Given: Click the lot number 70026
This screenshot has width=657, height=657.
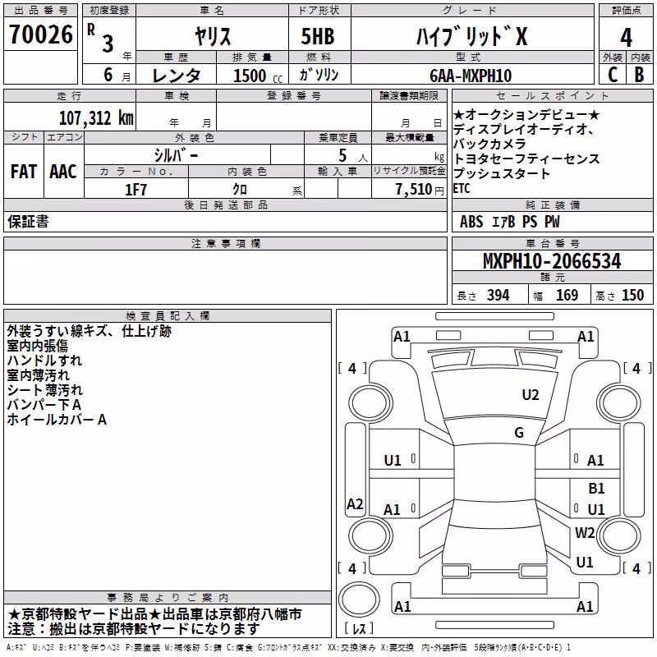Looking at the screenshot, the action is click(x=41, y=34).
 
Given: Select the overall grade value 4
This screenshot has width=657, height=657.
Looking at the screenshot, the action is click(x=626, y=38).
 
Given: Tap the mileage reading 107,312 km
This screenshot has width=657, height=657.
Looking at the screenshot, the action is click(x=96, y=118).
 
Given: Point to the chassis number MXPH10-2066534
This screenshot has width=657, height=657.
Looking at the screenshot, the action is click(x=552, y=261).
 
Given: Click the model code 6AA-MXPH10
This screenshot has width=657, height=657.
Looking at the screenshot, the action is click(x=471, y=76).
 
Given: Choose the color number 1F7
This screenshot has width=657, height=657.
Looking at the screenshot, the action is click(x=136, y=190).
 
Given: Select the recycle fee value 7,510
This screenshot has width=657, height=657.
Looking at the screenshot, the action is click(x=414, y=190).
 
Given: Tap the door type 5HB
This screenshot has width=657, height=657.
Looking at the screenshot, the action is click(x=318, y=36).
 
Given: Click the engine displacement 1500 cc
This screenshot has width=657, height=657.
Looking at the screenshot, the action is click(x=258, y=76).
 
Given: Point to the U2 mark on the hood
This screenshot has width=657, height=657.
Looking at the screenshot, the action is click(x=530, y=394).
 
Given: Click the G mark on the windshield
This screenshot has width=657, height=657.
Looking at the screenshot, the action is click(x=519, y=432).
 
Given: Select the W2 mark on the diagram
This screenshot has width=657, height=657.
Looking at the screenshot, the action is click(x=585, y=532).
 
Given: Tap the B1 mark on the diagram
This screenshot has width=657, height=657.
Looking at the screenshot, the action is click(x=596, y=488).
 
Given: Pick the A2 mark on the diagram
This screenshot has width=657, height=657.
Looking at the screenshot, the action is click(x=355, y=503).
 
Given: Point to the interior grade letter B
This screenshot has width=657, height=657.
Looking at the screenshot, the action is click(x=639, y=75).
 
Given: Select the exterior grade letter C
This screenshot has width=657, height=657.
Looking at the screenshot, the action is click(x=613, y=75).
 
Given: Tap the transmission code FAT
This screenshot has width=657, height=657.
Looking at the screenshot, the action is click(x=24, y=172).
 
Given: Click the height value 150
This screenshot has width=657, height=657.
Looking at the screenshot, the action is click(x=632, y=296).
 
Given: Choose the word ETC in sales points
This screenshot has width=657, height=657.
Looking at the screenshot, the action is click(x=462, y=189).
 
